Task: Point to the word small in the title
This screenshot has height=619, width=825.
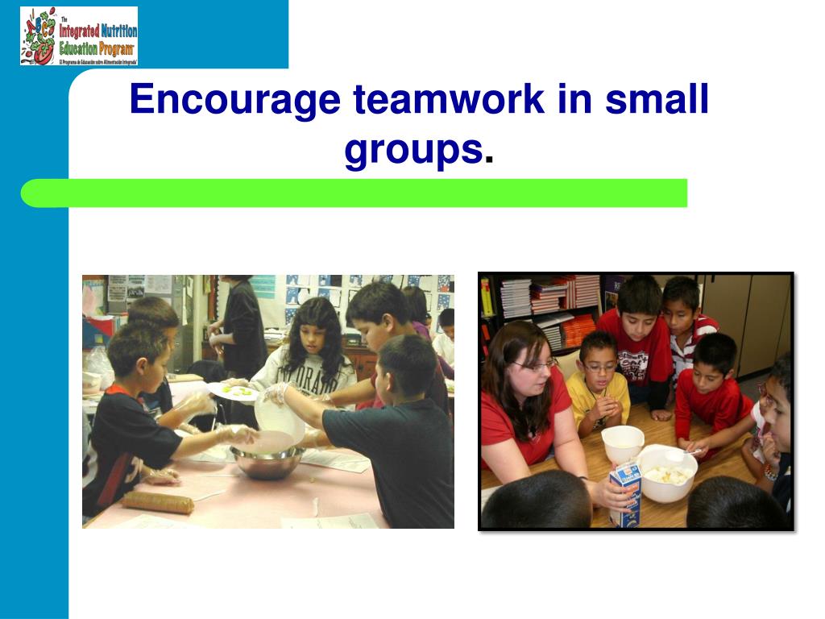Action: (657, 100)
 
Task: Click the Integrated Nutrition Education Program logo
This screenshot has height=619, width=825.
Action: (79, 36)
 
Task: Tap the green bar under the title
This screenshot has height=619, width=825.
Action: (354, 193)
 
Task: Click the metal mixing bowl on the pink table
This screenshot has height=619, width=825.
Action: (267, 461)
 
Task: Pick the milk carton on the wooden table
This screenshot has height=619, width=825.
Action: (624, 494)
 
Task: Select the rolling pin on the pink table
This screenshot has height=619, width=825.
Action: (158, 503)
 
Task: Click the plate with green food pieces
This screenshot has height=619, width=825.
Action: (234, 391)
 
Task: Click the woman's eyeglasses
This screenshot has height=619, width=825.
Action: (535, 365)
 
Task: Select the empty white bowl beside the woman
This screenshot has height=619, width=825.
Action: (623, 442)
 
